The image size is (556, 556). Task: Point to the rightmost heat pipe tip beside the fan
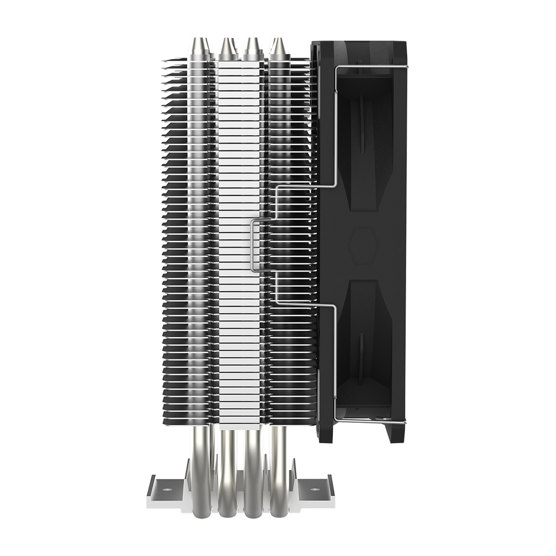278,48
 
